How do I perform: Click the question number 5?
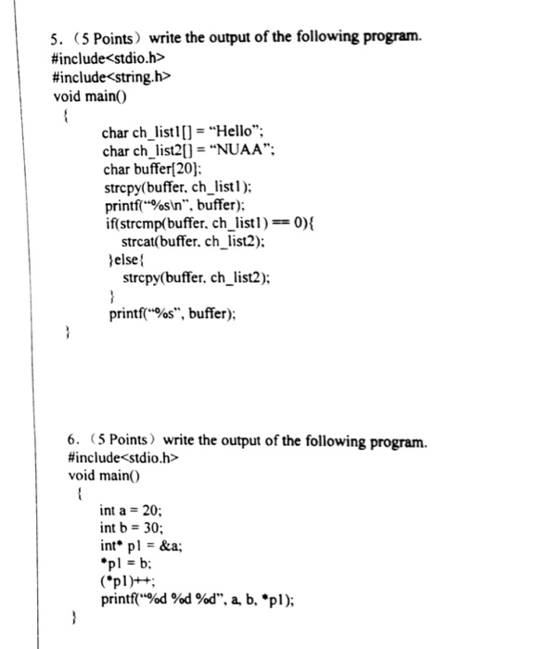(55, 38)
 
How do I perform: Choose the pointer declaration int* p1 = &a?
(141, 545)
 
